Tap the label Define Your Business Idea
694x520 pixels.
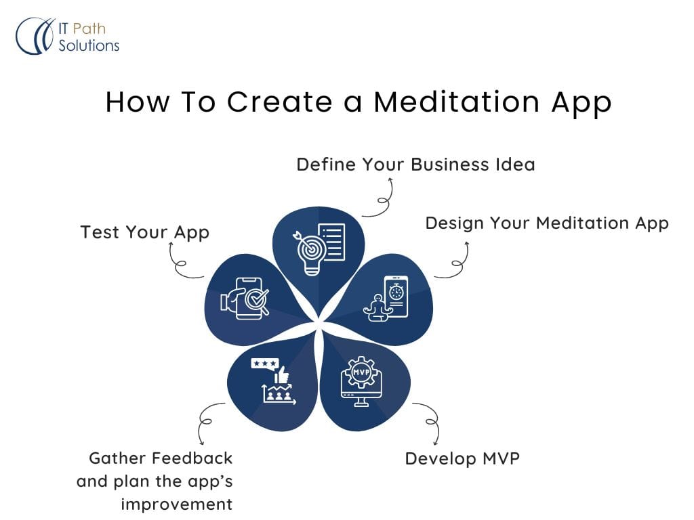pos(415,165)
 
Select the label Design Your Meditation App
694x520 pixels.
pos(547,223)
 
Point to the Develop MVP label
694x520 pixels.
pos(462,458)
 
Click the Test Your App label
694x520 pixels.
pos(145,233)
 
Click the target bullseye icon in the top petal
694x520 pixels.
pos(311,248)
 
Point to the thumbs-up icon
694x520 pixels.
pos(281,375)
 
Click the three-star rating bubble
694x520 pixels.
pos(265,364)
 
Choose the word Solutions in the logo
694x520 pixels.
pos(89,45)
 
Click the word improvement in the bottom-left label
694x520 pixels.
pos(177,504)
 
